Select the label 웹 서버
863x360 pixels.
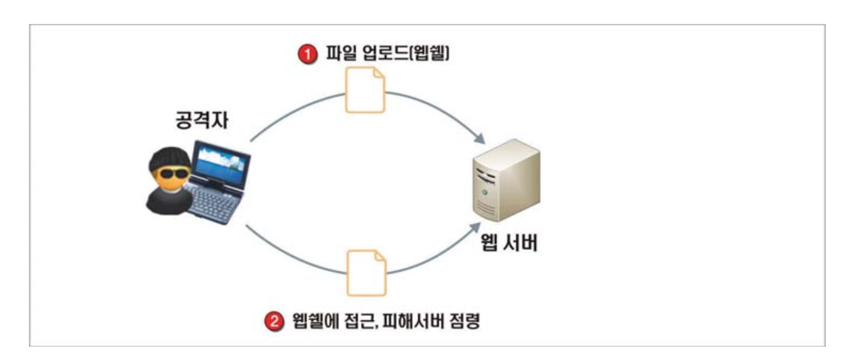[506, 242]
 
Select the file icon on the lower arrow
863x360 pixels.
[367, 272]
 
